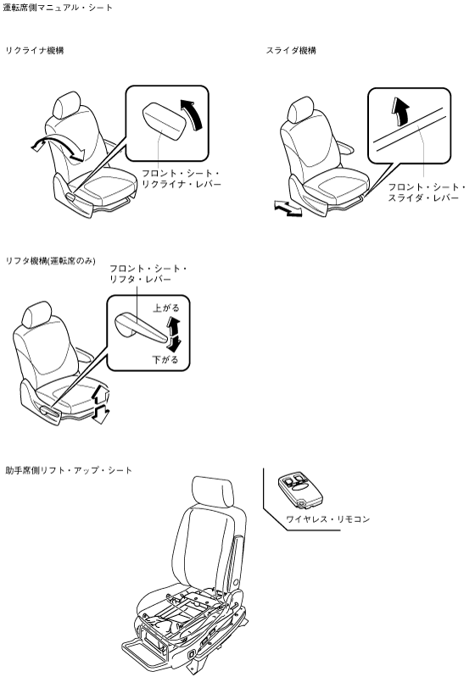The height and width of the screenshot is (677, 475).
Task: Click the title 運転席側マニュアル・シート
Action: [58, 8]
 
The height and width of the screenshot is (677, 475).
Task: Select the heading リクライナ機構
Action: [35, 51]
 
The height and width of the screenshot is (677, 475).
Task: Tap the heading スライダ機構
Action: [291, 51]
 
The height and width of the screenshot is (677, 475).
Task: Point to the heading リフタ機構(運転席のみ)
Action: [50, 261]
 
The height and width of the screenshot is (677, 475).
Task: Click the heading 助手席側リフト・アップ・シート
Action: [69, 470]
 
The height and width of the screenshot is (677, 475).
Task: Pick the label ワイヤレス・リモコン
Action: [328, 519]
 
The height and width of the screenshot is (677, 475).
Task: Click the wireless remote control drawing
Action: [300, 490]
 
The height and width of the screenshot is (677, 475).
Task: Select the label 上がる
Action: [166, 308]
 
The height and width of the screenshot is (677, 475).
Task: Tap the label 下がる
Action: [165, 359]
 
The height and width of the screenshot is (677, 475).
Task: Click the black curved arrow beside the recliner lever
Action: [193, 114]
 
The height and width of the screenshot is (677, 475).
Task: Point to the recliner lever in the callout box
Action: [165, 121]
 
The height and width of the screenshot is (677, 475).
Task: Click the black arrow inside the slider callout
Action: [400, 111]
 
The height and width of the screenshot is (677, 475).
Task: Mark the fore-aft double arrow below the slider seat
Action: [288, 208]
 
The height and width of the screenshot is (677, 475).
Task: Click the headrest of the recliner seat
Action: [67, 104]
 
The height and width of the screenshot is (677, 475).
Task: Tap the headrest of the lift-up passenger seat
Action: [213, 491]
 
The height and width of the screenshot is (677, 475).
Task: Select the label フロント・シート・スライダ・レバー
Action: [426, 192]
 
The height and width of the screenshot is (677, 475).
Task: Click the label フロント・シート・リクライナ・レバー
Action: [182, 179]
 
